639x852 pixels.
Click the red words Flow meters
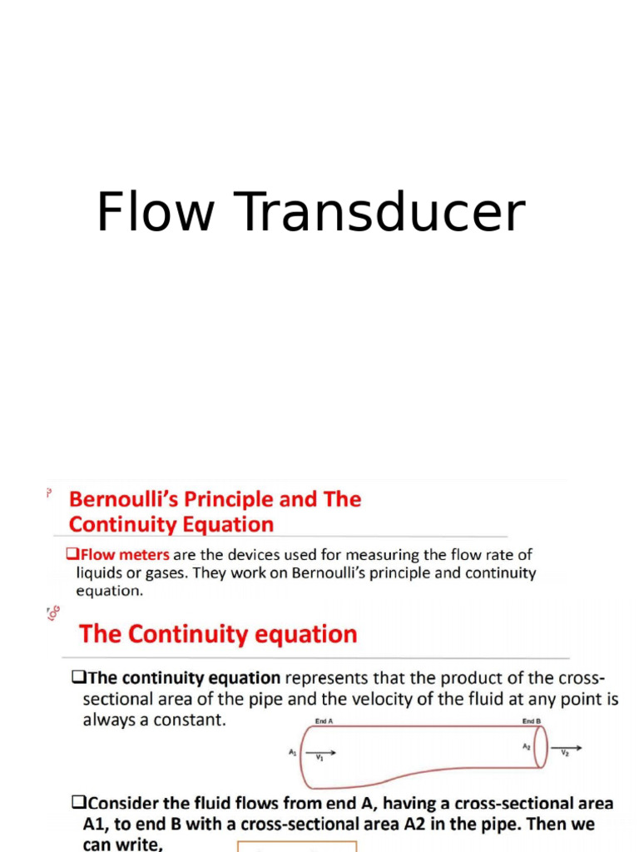(123, 554)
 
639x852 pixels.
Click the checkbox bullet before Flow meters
(71, 554)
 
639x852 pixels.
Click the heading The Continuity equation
(218, 634)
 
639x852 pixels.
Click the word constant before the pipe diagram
(192, 720)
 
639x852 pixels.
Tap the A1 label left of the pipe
(293, 752)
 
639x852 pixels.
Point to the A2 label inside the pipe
(526, 747)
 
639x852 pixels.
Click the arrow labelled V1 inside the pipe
(324, 754)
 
